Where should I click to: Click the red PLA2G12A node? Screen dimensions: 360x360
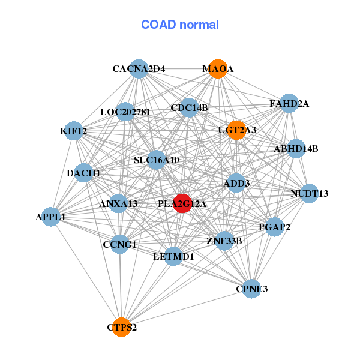point(182,203)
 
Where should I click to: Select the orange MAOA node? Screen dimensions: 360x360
point(218,69)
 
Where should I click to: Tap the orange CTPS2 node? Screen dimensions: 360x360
point(121,327)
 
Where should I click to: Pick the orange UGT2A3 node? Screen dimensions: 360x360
point(236,130)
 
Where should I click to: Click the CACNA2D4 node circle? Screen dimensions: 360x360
point(139,69)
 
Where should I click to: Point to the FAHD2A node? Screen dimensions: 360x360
point(289,103)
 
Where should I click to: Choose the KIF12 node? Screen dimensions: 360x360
point(73,131)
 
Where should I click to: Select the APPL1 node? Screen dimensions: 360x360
point(51,217)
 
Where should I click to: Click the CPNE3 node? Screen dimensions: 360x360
point(251,289)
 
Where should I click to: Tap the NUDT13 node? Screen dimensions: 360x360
point(310,194)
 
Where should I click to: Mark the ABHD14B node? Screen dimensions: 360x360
point(296,149)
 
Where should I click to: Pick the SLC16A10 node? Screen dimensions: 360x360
point(157,160)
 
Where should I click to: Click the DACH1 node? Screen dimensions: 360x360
point(83,173)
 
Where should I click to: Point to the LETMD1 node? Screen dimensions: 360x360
point(173,256)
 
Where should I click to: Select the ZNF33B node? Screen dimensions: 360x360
point(224,241)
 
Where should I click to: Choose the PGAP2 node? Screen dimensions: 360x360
point(274,227)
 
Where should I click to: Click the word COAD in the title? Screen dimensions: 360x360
point(158,25)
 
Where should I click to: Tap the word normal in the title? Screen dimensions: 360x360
point(199,25)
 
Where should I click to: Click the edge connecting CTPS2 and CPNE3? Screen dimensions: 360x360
point(187,308)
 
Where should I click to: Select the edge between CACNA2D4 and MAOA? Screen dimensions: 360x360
point(178,69)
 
